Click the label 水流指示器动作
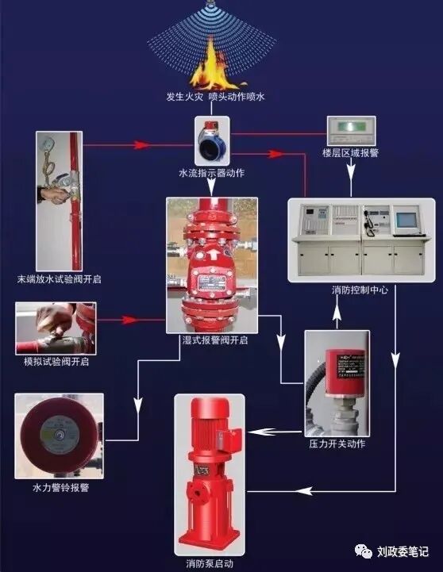pos(211,172)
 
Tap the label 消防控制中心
pos(360,290)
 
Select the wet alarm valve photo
pos(213,264)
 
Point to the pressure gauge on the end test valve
pos(50,147)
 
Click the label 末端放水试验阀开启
pos(60,279)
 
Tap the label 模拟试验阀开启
pos(55,361)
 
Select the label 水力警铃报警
pos(60,486)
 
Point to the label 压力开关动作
pos(337,444)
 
